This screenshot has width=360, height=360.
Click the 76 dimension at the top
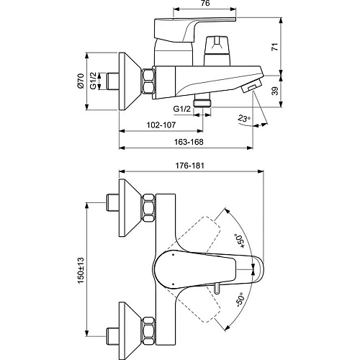coord(204,3)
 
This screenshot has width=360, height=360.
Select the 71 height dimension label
coord(276,47)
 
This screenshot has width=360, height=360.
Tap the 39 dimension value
coord(276,91)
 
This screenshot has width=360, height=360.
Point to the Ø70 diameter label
coord(81,81)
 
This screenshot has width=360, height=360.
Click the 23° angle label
coord(244,118)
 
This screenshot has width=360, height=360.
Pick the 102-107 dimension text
coord(161,125)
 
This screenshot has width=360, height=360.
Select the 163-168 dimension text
coord(189,142)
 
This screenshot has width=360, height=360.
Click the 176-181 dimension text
coord(189,166)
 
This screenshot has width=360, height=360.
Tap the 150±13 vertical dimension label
coord(81,270)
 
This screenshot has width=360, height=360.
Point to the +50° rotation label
coord(240,240)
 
